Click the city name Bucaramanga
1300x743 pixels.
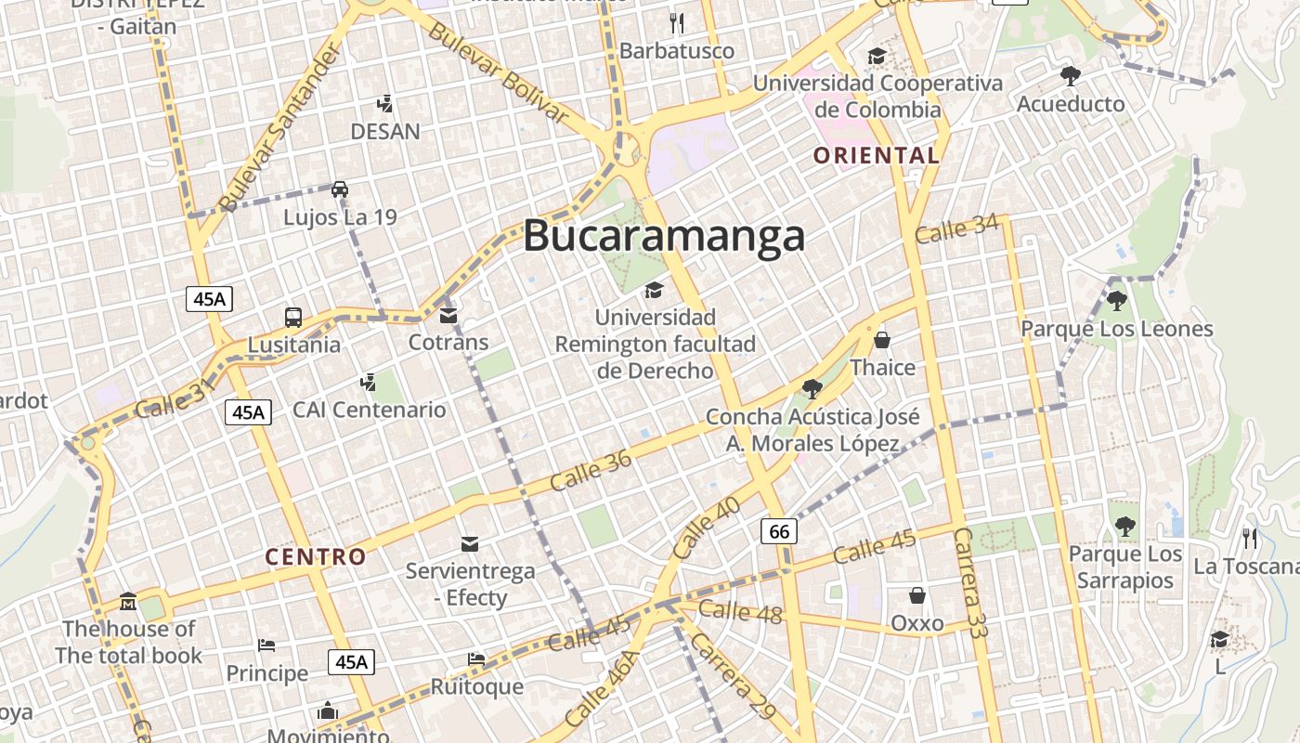coord(663,236)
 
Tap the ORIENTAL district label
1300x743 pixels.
coord(877,155)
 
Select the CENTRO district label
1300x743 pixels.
coord(316,557)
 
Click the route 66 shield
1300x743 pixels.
coord(779,531)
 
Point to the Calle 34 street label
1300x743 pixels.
coord(956,228)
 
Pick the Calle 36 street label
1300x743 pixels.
coord(591,470)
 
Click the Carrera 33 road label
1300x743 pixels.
coord(970,582)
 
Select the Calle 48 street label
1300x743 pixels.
coord(740,611)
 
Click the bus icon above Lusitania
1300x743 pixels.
coord(292,318)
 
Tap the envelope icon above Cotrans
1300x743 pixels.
coord(448,316)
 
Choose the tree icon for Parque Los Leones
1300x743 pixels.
coord(1116,300)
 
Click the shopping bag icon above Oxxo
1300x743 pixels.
coord(916,595)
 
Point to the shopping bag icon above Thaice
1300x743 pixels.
coord(882,340)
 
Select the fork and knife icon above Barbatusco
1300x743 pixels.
coord(677,22)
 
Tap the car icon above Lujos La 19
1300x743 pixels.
coord(340,189)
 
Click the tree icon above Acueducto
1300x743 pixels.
coord(1070,75)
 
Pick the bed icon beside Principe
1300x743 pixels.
coord(266,645)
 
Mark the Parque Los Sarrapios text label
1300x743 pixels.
coord(1125,567)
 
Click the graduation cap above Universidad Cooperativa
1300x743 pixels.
coord(877,57)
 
